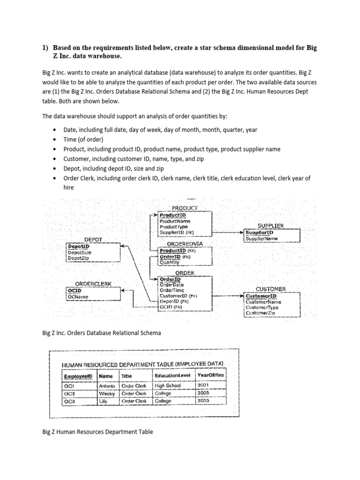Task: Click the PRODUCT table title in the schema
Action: tap(184, 208)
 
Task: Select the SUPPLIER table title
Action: tap(270, 225)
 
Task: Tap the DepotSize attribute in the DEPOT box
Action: tap(80, 252)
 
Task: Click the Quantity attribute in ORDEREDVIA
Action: tap(169, 262)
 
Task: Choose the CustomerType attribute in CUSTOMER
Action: tap(262, 307)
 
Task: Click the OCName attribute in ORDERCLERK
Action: tap(78, 297)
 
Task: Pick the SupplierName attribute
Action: tap(262, 239)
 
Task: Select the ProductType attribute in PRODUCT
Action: tap(174, 226)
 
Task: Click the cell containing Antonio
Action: tap(107, 386)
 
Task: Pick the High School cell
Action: tap(167, 386)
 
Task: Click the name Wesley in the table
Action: tap(107, 394)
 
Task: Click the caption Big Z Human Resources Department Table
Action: tap(97, 432)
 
